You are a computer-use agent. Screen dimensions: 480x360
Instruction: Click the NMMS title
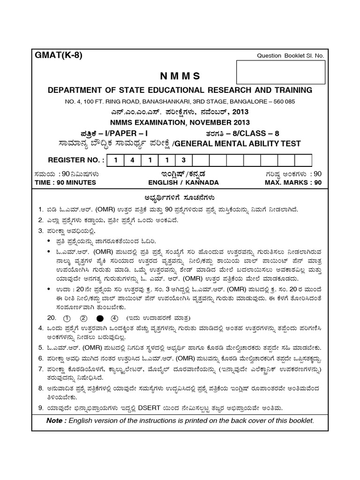[180, 76]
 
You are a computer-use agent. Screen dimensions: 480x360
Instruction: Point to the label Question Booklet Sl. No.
[291, 56]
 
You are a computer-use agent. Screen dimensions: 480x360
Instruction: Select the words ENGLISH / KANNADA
[183, 182]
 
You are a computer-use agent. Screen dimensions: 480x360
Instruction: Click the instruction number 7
[41, 369]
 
